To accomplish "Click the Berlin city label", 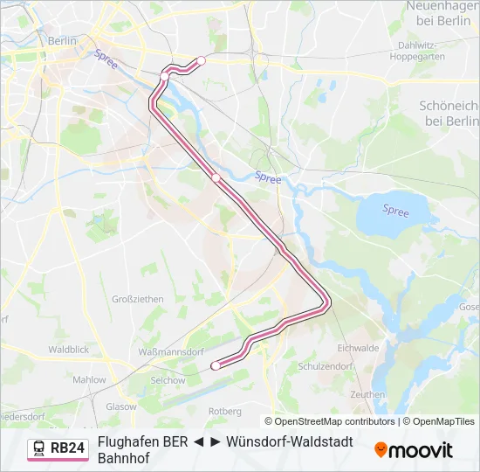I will (x=63, y=40).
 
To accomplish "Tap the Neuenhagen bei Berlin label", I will (x=442, y=13).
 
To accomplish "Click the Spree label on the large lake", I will (x=395, y=211).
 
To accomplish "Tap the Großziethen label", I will (x=138, y=299).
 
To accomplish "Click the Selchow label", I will (x=168, y=380).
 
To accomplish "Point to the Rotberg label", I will (x=225, y=411).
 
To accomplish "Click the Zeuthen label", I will (x=367, y=394).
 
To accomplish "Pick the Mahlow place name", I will (x=89, y=380).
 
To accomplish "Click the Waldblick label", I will (x=69, y=349).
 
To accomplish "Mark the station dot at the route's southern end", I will (x=216, y=366).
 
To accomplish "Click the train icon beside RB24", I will (x=39, y=448).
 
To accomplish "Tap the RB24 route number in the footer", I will (x=67, y=448).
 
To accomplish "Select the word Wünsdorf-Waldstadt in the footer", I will (x=290, y=441).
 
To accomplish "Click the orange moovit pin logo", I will (x=381, y=450).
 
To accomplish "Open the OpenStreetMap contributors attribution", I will (x=335, y=421).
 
